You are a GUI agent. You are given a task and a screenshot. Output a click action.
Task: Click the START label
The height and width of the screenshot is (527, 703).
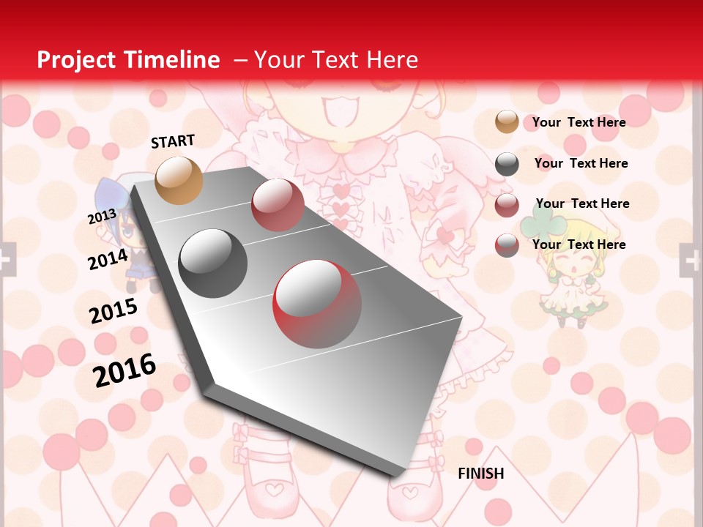click(173, 141)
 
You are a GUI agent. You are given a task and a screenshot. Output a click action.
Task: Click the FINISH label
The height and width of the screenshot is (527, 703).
click(480, 474)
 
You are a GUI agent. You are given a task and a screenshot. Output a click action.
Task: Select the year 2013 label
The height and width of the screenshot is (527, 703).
click(102, 217)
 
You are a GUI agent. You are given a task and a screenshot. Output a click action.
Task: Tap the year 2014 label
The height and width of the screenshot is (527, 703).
click(108, 259)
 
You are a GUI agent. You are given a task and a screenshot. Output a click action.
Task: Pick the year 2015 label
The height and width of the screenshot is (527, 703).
click(114, 310)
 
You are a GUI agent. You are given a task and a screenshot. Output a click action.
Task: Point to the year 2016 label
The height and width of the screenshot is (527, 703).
click(124, 370)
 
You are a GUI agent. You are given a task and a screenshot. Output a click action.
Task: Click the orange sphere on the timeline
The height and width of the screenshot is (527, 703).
click(179, 180)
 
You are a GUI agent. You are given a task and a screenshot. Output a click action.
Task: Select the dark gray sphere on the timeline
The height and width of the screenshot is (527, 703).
click(213, 263)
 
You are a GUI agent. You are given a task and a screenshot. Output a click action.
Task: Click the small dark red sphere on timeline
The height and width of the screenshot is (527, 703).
click(277, 205)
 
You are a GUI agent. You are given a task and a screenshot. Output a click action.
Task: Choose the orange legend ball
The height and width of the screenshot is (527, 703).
click(506, 122)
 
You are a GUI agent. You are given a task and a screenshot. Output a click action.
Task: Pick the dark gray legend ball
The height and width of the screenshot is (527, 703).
click(506, 164)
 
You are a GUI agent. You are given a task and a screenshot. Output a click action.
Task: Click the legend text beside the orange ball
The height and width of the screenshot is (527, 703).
click(579, 122)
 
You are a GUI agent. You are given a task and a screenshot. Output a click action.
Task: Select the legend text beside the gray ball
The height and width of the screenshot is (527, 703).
click(581, 163)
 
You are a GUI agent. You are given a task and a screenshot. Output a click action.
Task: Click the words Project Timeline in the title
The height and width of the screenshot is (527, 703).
click(128, 60)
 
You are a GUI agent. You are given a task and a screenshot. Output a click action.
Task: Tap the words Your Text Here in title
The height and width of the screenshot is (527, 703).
click(335, 60)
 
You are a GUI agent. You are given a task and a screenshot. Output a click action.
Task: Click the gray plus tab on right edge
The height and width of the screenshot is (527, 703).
click(691, 260)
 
